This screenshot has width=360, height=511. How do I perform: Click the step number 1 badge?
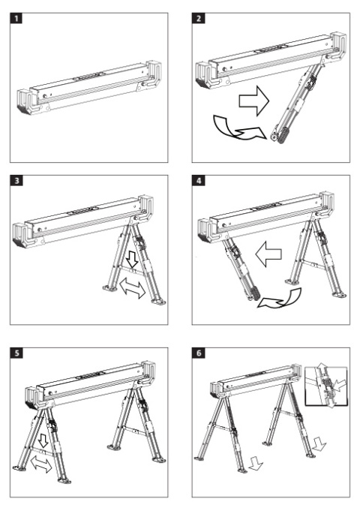[x=16, y=18]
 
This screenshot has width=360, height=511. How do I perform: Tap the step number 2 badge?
[x=198, y=18]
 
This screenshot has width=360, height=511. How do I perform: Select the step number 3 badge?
[x=16, y=180]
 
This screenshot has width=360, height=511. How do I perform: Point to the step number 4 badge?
[x=199, y=180]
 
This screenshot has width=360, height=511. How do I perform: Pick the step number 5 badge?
[x=16, y=353]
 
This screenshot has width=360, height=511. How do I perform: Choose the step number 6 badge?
[x=199, y=353]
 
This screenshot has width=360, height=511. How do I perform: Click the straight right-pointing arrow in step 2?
[x=254, y=101]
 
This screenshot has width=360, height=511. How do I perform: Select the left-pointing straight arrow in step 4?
[x=268, y=254]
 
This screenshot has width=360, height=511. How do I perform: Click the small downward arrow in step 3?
[x=132, y=259]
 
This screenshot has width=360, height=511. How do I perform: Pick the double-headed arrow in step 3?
[x=132, y=288]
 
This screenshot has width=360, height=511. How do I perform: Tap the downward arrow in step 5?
[x=43, y=440]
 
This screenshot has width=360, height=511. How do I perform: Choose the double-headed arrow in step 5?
[x=41, y=464]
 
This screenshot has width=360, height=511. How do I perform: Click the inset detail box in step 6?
[x=326, y=386]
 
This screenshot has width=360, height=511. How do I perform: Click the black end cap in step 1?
[x=23, y=110]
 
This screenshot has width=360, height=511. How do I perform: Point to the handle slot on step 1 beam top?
[x=88, y=77]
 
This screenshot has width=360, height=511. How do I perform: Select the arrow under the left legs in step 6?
[x=256, y=464]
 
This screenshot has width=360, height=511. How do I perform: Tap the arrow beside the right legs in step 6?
[x=319, y=444]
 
